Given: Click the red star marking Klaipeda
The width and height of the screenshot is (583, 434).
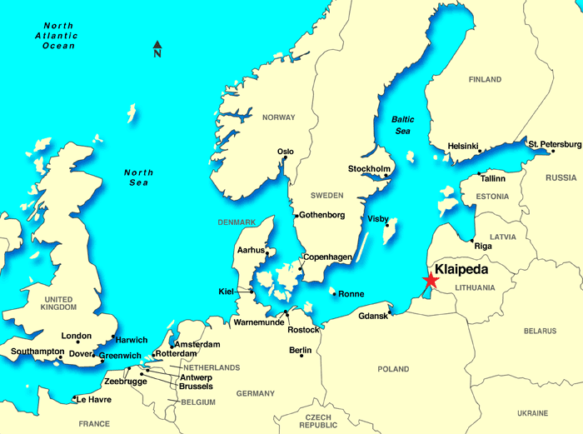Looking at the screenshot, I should click(x=430, y=281).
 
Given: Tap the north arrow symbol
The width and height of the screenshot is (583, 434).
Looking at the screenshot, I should click(x=157, y=49).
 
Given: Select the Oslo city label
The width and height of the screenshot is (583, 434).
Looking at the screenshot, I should click(x=286, y=152).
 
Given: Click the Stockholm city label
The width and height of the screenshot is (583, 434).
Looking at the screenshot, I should click(x=369, y=169).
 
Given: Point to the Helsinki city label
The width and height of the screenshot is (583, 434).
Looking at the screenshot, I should click(x=464, y=146).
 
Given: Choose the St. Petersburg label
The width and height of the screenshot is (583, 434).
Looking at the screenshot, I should click(x=555, y=144).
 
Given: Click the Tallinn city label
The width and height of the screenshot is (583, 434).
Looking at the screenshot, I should click(x=494, y=177).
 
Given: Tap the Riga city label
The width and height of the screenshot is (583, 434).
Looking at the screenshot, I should click(x=482, y=246).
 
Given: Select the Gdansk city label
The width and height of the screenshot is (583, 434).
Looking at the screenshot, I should click(x=373, y=317).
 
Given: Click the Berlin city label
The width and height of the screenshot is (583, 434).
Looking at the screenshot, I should click(x=300, y=351).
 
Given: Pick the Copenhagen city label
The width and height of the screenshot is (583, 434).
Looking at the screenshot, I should click(x=327, y=257).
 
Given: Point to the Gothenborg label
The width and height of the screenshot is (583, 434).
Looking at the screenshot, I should click(x=321, y=215).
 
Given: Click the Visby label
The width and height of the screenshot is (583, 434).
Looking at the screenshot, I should click(x=377, y=219).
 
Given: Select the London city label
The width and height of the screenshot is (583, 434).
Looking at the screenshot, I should click(x=77, y=336).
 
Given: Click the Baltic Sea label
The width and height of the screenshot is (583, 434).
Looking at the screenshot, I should click(x=403, y=125).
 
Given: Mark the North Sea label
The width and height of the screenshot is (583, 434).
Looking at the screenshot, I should click(x=139, y=177).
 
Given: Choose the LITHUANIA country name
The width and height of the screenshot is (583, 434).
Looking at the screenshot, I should click(x=476, y=288).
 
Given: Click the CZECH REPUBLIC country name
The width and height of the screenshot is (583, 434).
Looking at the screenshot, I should click(x=318, y=421).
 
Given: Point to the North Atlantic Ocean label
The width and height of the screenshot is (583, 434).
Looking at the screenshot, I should click(x=55, y=37).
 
